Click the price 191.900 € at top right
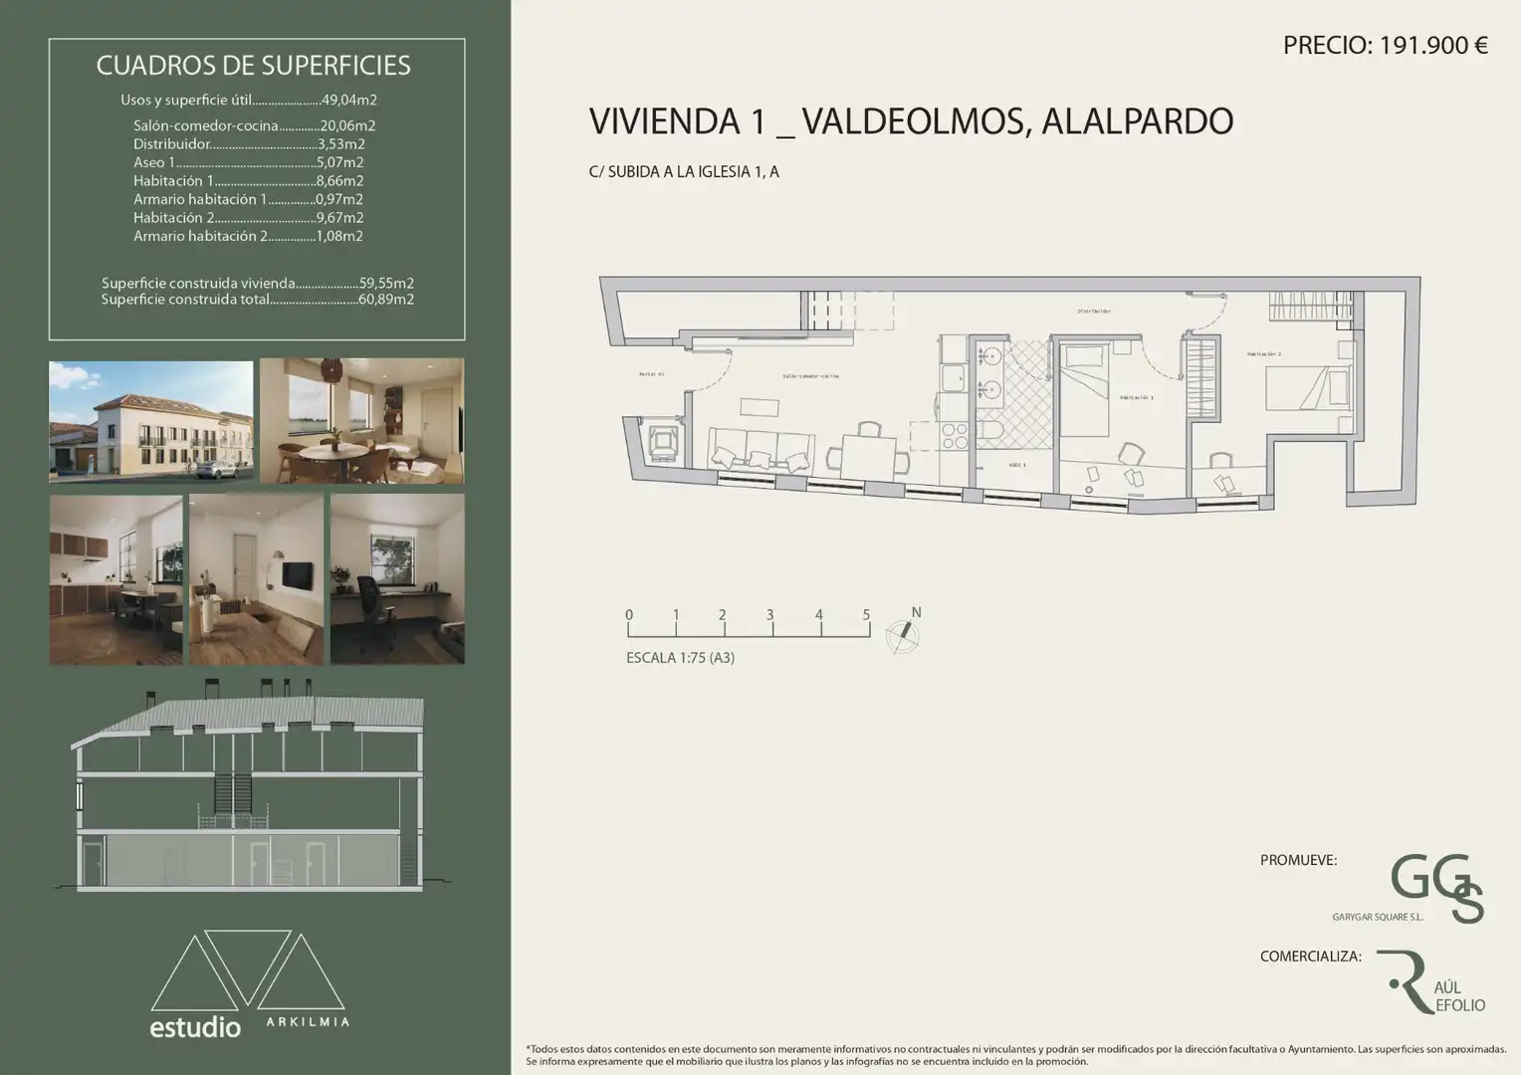(1385, 45)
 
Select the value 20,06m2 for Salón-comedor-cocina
(347, 126)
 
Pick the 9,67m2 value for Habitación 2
(339, 218)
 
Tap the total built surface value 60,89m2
(386, 300)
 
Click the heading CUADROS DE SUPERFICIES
(253, 66)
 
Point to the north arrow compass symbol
(903, 634)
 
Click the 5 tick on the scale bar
(866, 615)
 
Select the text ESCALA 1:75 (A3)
(680, 658)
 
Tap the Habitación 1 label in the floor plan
(1136, 397)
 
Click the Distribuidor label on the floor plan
(1093, 312)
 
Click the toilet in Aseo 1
(990, 430)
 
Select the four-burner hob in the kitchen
(955, 436)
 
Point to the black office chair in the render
(369, 600)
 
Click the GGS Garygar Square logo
(1436, 887)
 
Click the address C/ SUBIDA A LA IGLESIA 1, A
(684, 172)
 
